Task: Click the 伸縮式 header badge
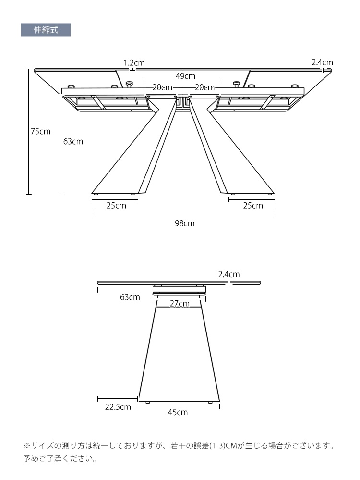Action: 46,30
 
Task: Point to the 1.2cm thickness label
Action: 134,63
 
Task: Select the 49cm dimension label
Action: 185,75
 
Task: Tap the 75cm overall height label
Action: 40,131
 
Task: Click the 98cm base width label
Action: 185,223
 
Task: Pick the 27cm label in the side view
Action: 180,304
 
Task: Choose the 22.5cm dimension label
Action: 118,407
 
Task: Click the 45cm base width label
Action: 178,412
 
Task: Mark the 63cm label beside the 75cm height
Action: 73,141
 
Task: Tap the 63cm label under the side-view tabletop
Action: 130,297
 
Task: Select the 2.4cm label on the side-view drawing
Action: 229,274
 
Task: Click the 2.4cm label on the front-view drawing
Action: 323,62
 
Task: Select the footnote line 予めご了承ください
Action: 60,459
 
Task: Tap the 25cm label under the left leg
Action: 116,206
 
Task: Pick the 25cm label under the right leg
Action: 253,206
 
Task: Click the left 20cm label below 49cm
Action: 162,87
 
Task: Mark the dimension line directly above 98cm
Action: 183,213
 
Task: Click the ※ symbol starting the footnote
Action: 27,445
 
